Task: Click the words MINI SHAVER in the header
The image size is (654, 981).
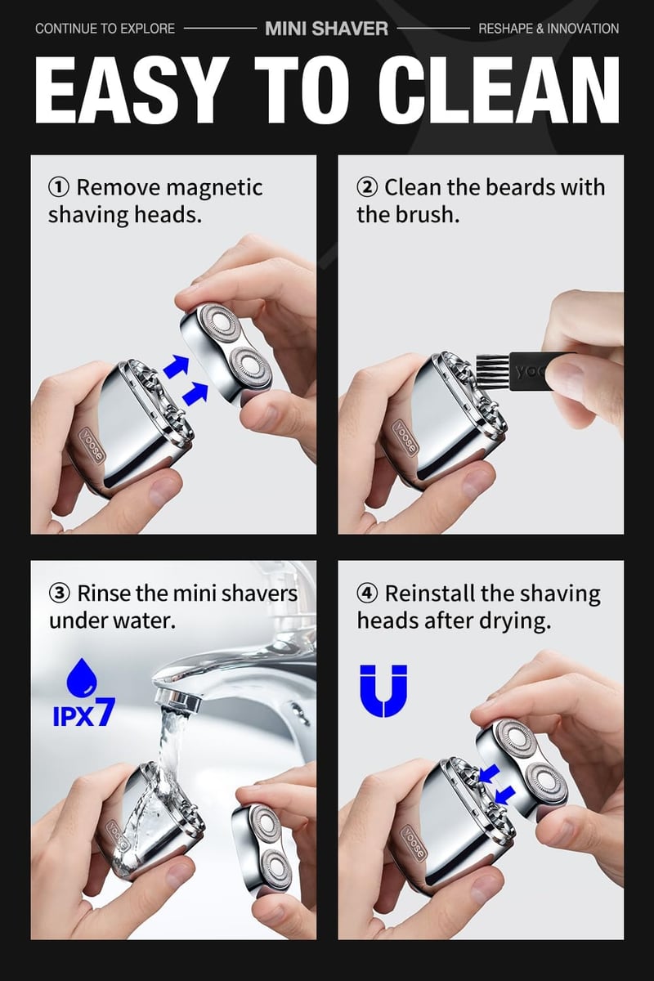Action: click(x=326, y=29)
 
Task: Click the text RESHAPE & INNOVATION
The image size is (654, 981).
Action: click(x=549, y=29)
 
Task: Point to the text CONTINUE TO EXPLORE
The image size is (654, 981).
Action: click(x=105, y=29)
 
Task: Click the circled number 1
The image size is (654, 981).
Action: click(x=59, y=188)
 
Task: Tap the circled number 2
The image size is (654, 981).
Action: click(x=367, y=188)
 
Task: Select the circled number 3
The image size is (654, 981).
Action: click(x=59, y=594)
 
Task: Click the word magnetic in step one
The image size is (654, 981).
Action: click(x=214, y=188)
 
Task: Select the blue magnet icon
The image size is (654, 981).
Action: click(x=383, y=691)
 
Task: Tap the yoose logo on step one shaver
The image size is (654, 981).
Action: click(x=93, y=442)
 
